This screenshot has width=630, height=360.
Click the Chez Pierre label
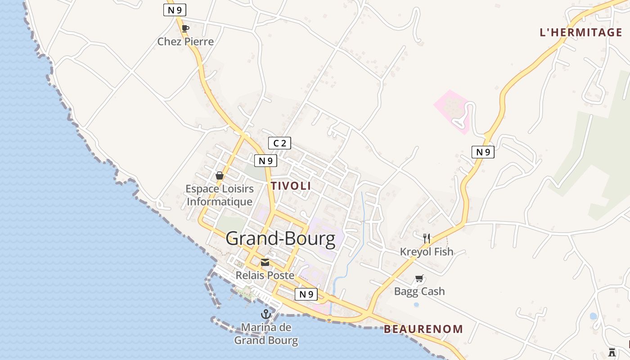(185, 41)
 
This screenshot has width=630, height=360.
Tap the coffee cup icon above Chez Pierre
(185, 28)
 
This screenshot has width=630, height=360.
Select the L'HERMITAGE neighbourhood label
(581, 32)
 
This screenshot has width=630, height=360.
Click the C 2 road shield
(279, 143)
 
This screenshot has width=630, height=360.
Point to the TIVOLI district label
(291, 186)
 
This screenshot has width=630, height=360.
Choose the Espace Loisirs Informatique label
(220, 195)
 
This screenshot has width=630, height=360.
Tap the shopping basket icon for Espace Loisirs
(220, 175)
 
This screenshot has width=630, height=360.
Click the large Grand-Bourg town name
(280, 238)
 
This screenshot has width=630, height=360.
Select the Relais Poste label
(265, 275)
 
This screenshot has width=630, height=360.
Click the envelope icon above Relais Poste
(265, 262)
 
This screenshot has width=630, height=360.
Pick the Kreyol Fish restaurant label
(427, 252)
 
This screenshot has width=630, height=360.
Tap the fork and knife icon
(427, 238)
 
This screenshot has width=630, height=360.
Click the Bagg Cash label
(419, 291)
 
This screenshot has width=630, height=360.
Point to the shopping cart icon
(419, 279)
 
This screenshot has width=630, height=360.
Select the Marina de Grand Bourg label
(266, 333)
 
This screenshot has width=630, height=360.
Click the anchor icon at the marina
(265, 314)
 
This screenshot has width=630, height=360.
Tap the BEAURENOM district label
(423, 329)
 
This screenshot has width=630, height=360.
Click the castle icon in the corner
(612, 352)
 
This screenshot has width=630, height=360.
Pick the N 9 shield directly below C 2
(265, 161)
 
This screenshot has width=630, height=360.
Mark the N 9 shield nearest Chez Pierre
(175, 10)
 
